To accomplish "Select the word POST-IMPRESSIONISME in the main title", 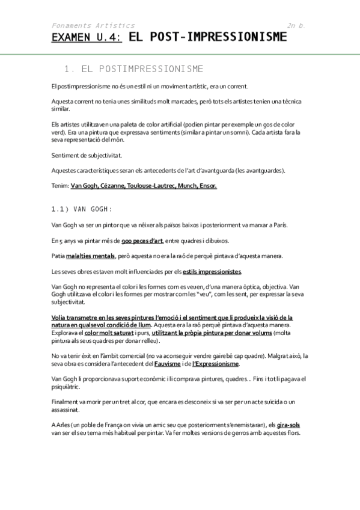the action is pos(208,38).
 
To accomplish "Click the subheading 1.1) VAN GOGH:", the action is pos(82,209).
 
